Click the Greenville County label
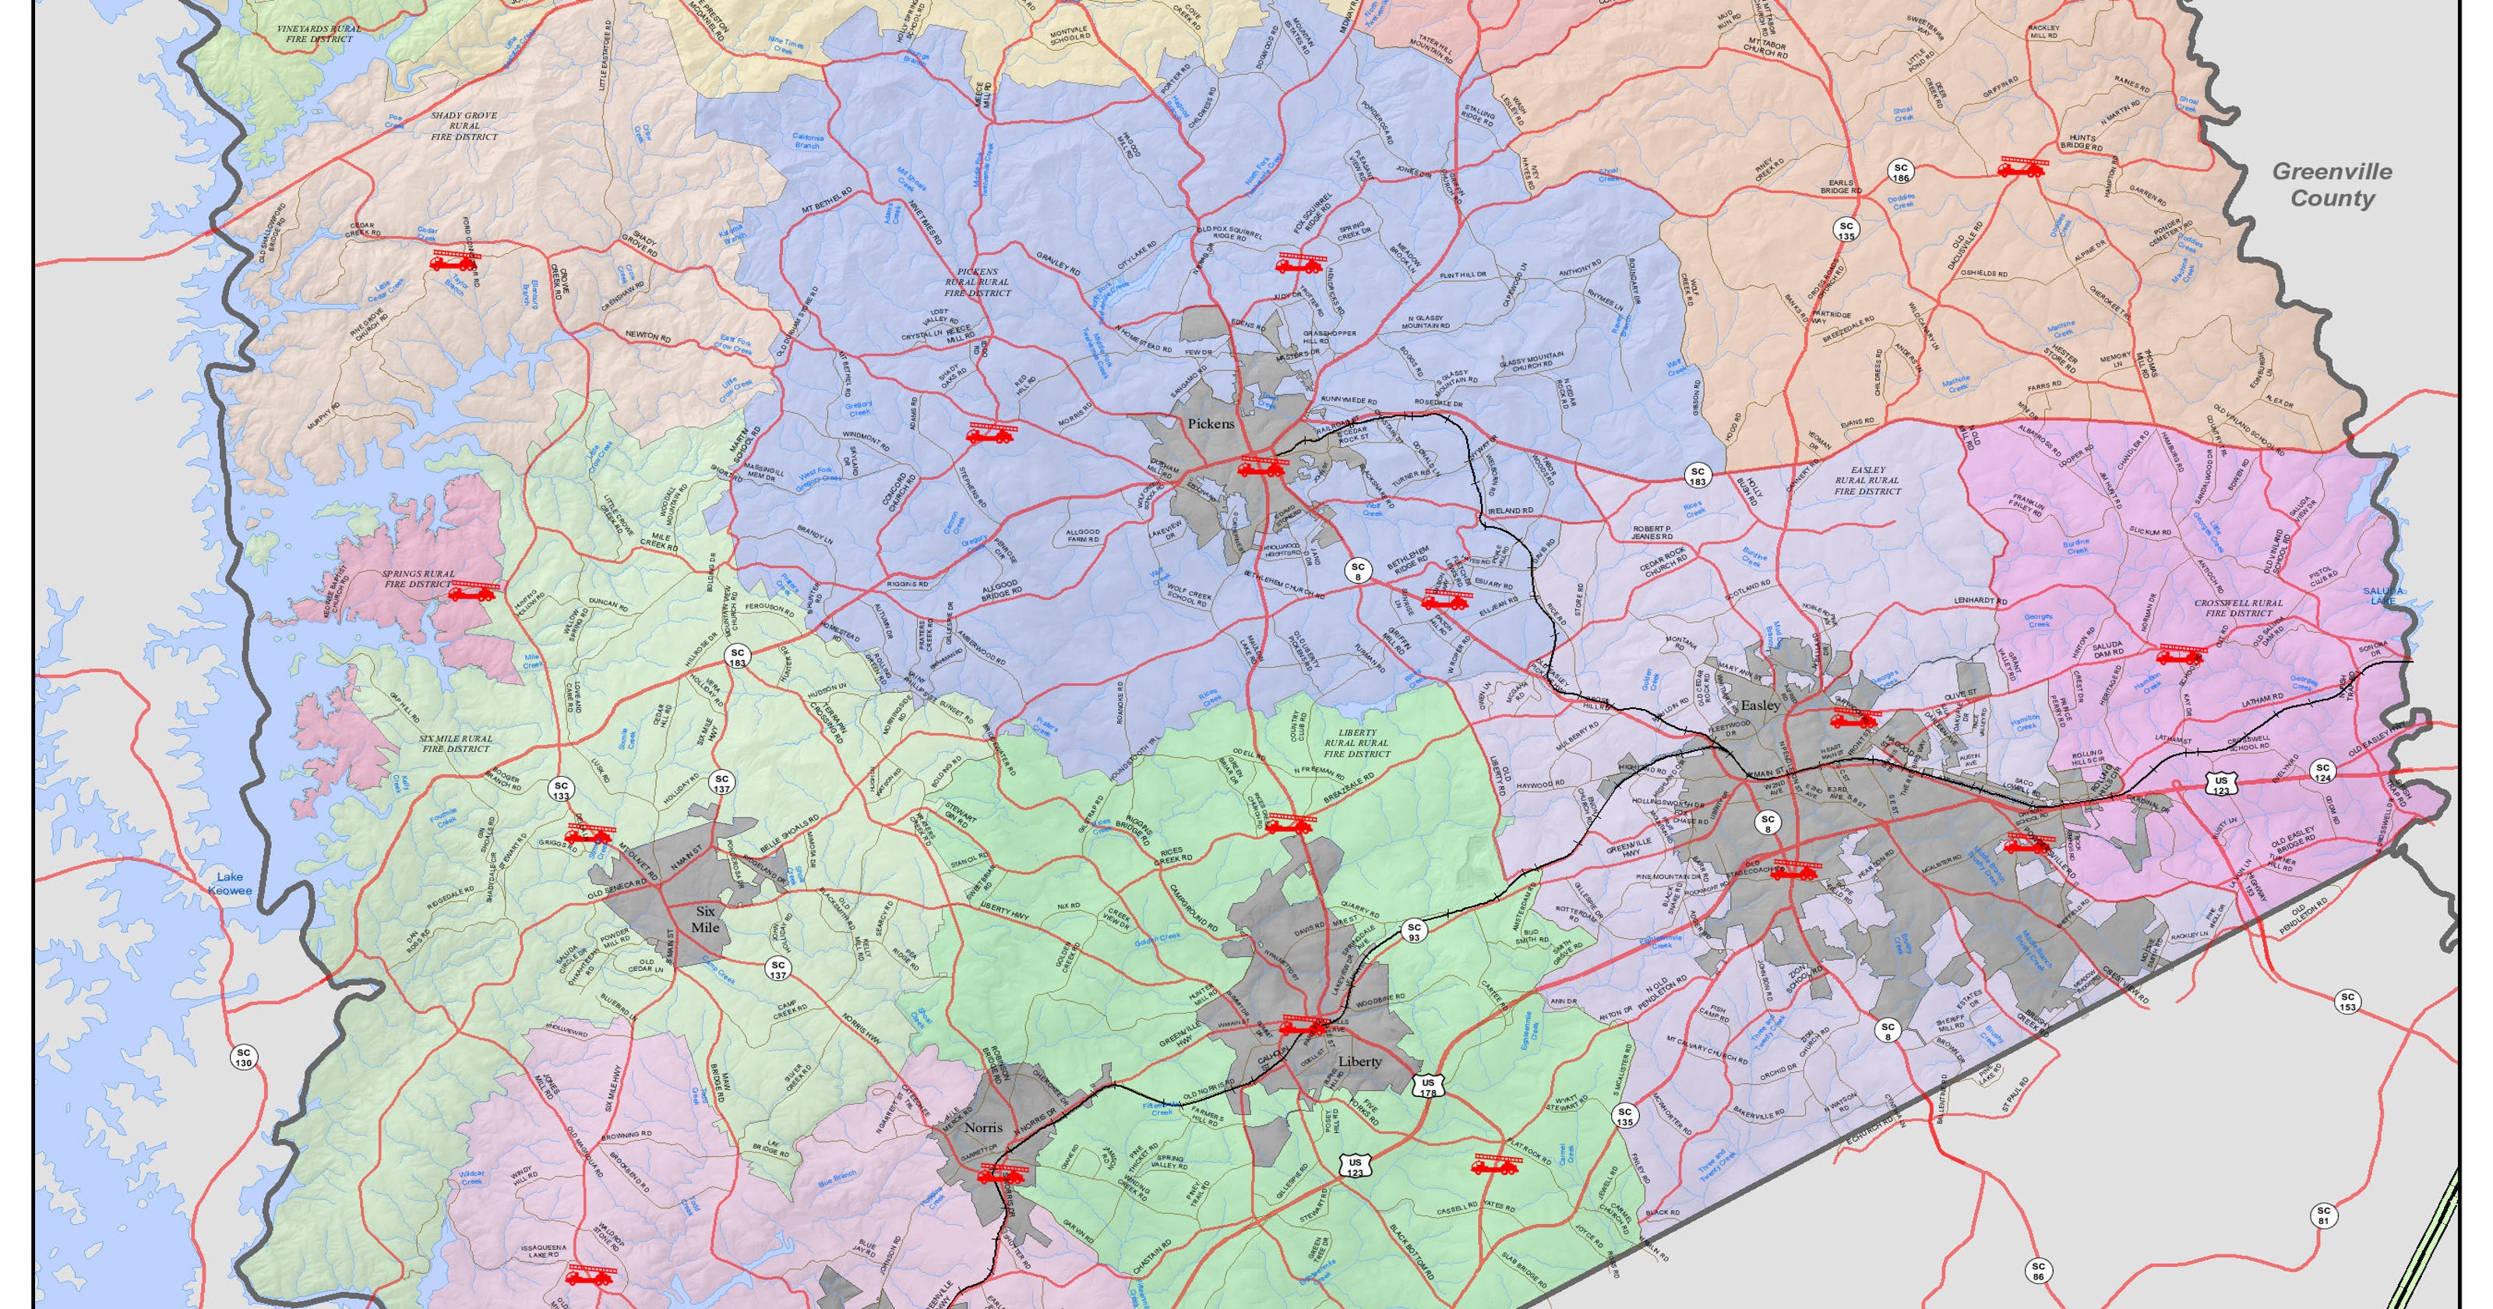(x=2332, y=185)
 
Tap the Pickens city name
(x=1211, y=423)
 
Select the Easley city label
(x=1761, y=706)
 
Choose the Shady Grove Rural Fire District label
(x=464, y=126)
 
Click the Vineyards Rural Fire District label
(x=319, y=34)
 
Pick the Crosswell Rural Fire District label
(x=2238, y=607)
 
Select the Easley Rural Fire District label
(x=1867, y=480)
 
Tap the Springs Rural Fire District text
(x=418, y=579)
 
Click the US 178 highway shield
(x=1427, y=1087)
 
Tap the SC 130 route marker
(x=243, y=1057)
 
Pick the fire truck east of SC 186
(x=2022, y=168)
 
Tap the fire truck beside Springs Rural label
(x=472, y=591)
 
